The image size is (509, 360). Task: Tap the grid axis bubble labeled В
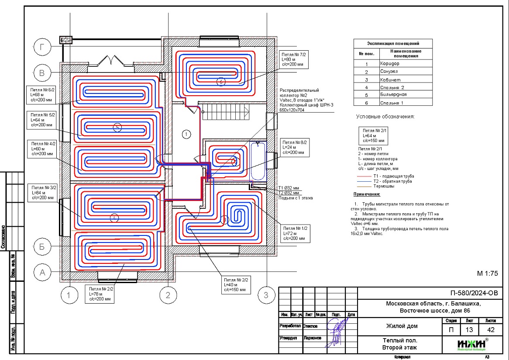click(42, 73)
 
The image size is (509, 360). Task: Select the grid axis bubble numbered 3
click(264, 296)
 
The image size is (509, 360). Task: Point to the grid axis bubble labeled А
click(42, 272)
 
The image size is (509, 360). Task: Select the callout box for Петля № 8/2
click(295, 148)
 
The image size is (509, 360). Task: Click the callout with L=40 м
click(236, 284)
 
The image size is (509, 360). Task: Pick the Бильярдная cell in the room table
click(406, 94)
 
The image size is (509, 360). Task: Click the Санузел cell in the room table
click(406, 72)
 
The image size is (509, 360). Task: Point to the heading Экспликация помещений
click(393, 43)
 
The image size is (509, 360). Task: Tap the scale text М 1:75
click(487, 273)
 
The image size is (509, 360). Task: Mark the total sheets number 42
click(488, 330)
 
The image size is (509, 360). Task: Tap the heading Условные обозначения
click(385, 117)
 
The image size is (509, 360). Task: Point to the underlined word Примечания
click(367, 194)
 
